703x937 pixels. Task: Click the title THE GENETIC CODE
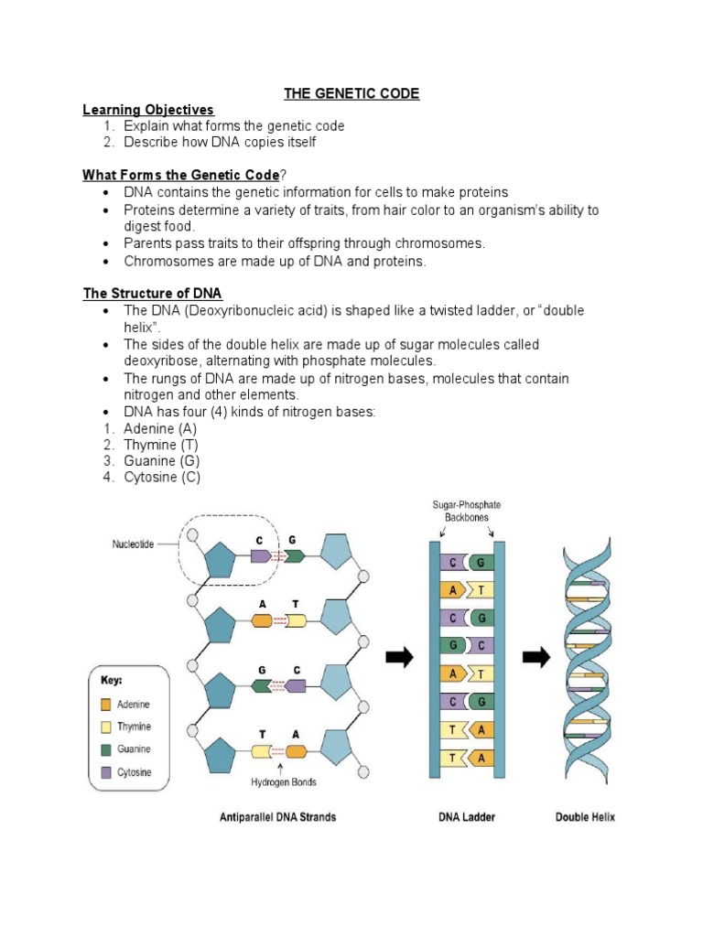pyautogui.click(x=351, y=94)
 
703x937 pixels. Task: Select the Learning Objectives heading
pyautogui.click(x=147, y=110)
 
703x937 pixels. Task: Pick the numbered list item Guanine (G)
pyautogui.click(x=161, y=461)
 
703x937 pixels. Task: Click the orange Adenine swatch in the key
pyautogui.click(x=106, y=705)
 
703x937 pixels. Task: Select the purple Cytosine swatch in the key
pyautogui.click(x=106, y=772)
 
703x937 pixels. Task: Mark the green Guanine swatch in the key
pyautogui.click(x=106, y=749)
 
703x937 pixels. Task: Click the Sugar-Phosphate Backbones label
pyautogui.click(x=466, y=511)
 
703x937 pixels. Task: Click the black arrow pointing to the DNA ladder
pyautogui.click(x=399, y=657)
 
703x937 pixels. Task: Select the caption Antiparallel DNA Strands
pyautogui.click(x=277, y=817)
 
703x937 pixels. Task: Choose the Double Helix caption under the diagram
pyautogui.click(x=585, y=817)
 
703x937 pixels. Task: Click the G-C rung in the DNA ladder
pyautogui.click(x=467, y=645)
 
